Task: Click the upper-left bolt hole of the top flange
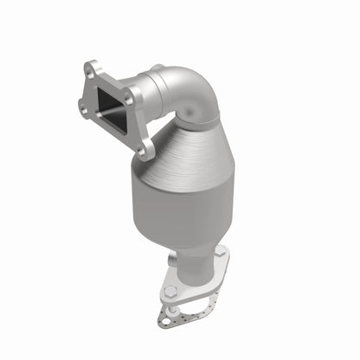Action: pos(91,66)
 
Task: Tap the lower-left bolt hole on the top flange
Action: pos(83,106)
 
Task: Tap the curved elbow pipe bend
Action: pos(186,104)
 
